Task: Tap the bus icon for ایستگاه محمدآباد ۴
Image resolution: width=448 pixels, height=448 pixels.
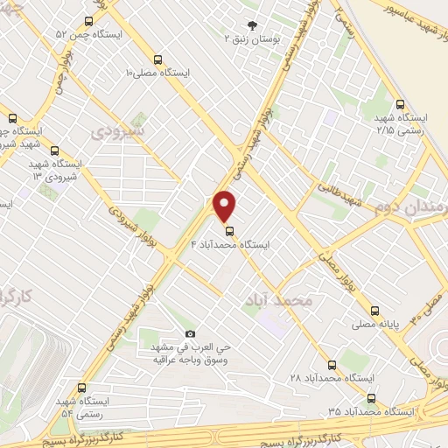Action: [230, 232]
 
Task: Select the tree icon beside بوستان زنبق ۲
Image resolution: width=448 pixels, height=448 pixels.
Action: [253, 25]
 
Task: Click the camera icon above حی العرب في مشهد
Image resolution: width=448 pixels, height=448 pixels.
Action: [191, 334]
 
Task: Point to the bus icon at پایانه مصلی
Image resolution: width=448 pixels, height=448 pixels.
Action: [374, 311]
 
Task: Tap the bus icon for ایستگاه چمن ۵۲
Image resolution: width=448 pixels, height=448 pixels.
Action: [87, 22]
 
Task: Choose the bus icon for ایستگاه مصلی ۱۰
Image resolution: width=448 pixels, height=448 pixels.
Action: [157, 60]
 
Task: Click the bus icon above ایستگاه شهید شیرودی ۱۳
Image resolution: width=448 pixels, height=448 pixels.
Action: [54, 150]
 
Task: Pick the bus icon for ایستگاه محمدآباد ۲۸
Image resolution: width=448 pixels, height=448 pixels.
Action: [332, 364]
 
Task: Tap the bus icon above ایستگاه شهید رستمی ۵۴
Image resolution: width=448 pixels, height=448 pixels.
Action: [81, 388]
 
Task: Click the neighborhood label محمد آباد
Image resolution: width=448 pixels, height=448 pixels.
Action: [280, 300]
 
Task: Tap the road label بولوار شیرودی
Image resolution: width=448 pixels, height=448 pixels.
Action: [133, 233]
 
